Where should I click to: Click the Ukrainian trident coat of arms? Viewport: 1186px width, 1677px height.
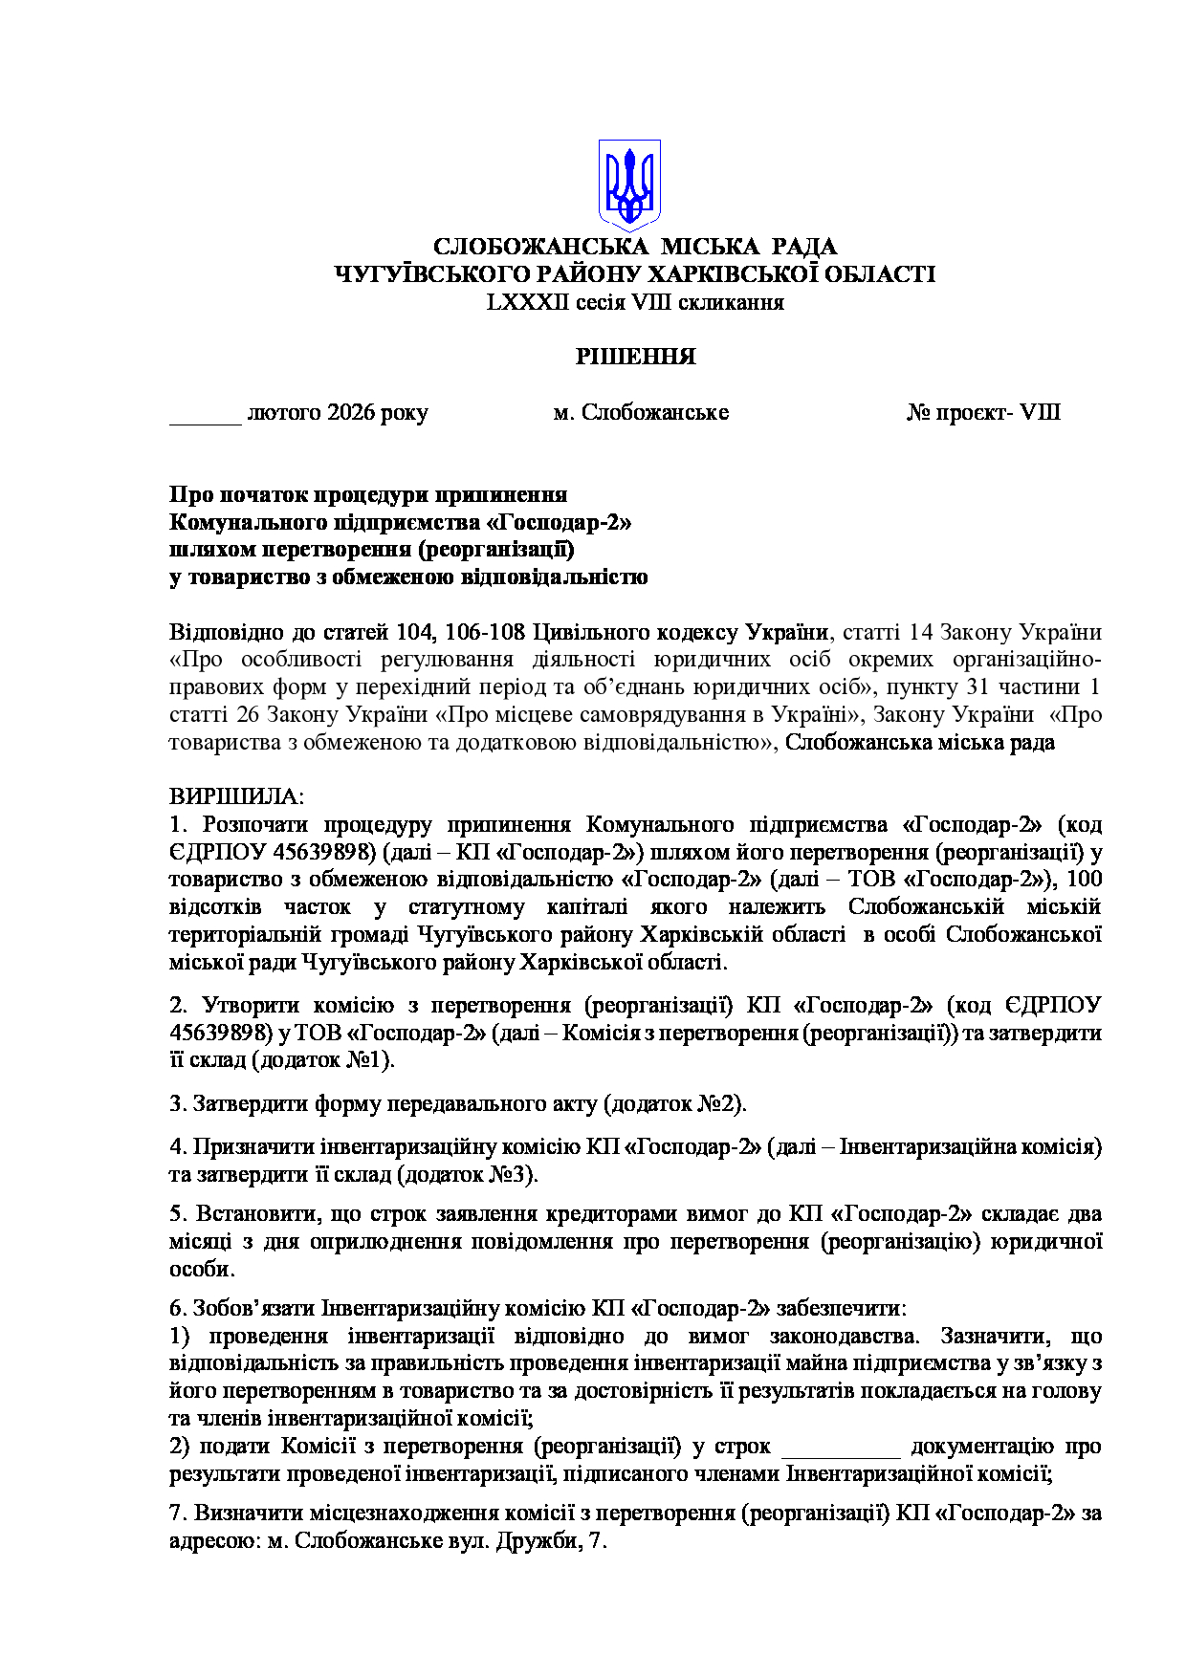coord(629,185)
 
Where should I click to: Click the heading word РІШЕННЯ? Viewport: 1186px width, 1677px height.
coord(635,358)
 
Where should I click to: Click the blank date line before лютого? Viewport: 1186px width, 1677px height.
coord(205,414)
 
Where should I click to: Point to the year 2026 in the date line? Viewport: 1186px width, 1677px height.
coord(351,413)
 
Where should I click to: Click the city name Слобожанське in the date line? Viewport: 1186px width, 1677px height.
coord(655,413)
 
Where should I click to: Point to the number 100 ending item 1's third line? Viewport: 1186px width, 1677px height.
coord(1083,880)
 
